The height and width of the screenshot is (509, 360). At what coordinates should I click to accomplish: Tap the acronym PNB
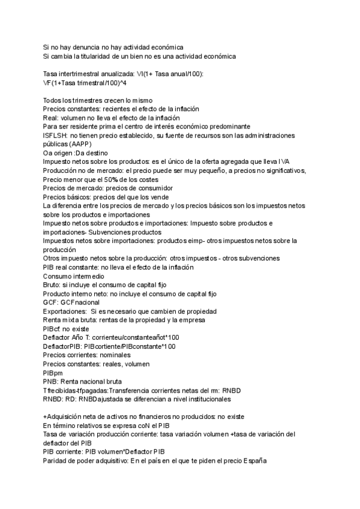pyautogui.click(x=50, y=381)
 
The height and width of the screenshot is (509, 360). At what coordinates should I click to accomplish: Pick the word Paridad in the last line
pyautogui.click(x=56, y=460)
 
